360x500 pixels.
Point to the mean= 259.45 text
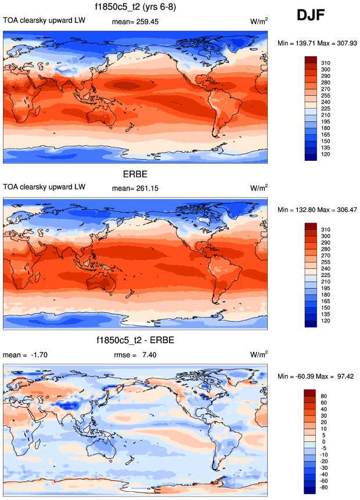click(x=135, y=22)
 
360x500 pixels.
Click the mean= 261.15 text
click(x=135, y=188)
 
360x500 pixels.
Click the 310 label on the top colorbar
click(x=326, y=62)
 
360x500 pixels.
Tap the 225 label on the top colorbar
click(x=326, y=107)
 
